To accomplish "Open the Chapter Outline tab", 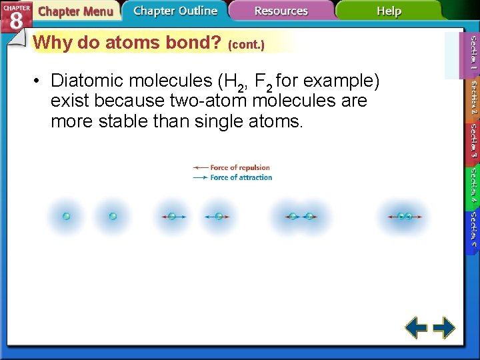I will [x=175, y=11].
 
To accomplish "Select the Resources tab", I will [x=281, y=11].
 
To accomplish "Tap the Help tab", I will [x=389, y=11].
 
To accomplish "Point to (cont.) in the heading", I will [x=246, y=45].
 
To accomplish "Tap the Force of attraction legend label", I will [x=241, y=177].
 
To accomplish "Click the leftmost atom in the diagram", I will [x=66, y=216].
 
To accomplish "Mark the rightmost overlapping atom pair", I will [x=405, y=216].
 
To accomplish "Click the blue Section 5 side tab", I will [x=473, y=229].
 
